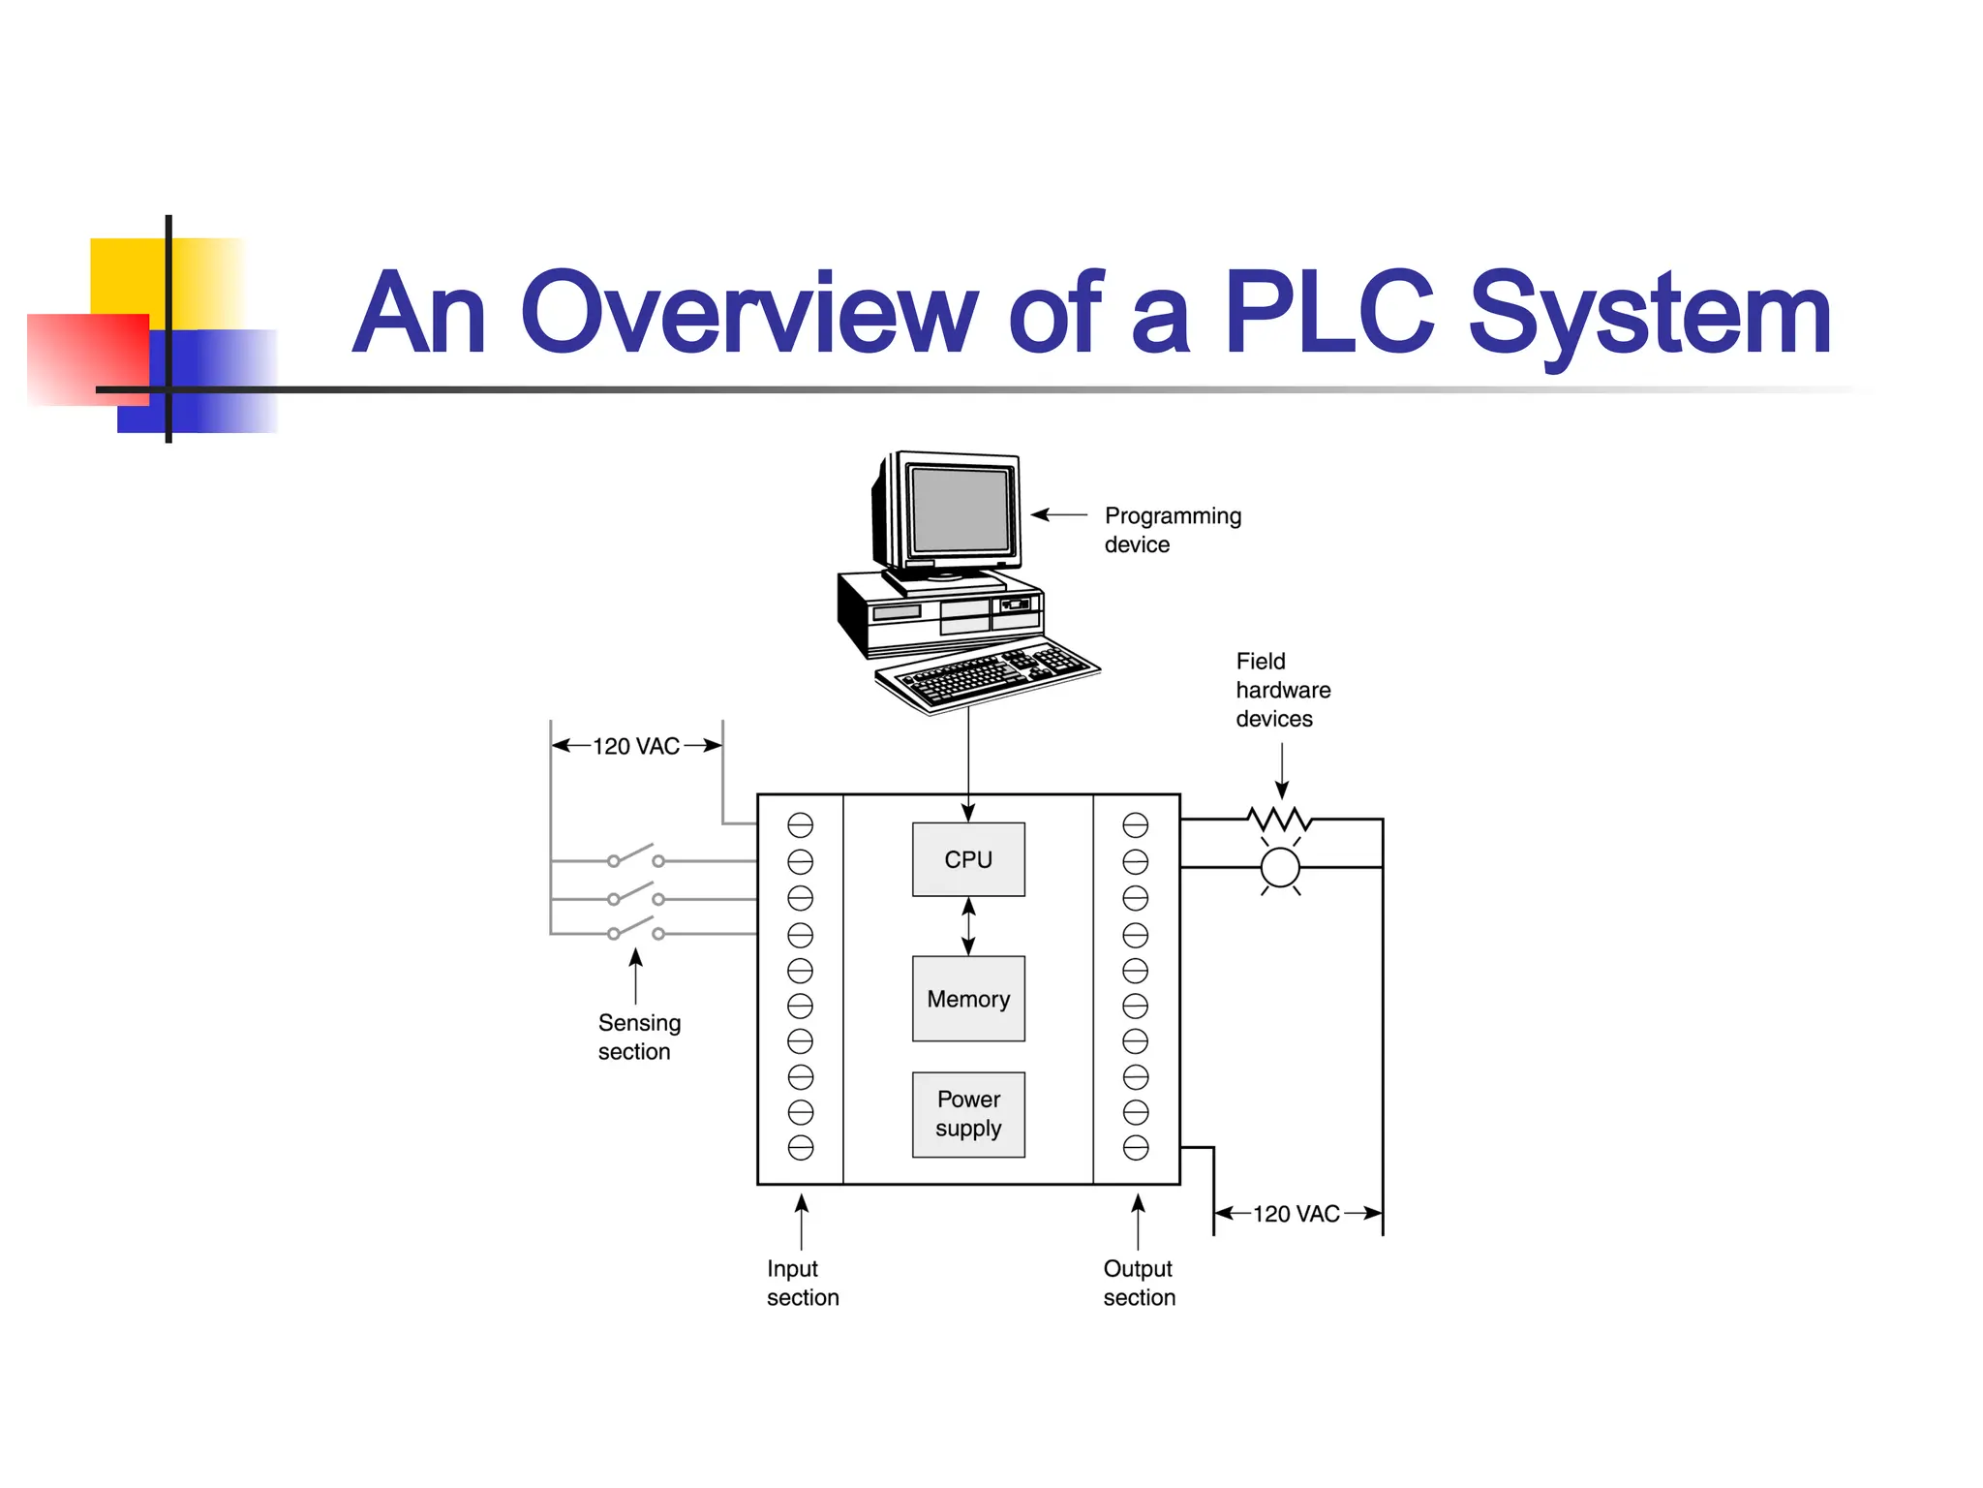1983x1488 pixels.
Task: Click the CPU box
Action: click(x=968, y=859)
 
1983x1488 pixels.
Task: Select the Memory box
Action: click(x=968, y=999)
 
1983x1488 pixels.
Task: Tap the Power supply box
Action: click(x=968, y=1114)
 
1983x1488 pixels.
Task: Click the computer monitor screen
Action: click(x=961, y=509)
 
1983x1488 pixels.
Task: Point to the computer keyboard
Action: click(x=988, y=675)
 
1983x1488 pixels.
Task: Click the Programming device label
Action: click(x=1172, y=530)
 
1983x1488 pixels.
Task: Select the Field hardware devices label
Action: click(x=1282, y=690)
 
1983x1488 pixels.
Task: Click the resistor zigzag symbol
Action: click(x=1280, y=820)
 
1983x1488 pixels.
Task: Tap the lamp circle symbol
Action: click(x=1280, y=867)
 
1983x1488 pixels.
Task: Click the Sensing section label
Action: click(x=639, y=1037)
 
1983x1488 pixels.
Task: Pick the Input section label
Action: click(x=802, y=1283)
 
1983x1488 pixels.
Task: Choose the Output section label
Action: click(x=1139, y=1283)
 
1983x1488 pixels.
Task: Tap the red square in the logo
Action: click(x=87, y=358)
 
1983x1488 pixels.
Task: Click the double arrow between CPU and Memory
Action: click(x=968, y=926)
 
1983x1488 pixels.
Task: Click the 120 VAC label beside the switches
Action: click(x=636, y=746)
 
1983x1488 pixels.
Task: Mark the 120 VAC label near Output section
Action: click(x=1297, y=1214)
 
